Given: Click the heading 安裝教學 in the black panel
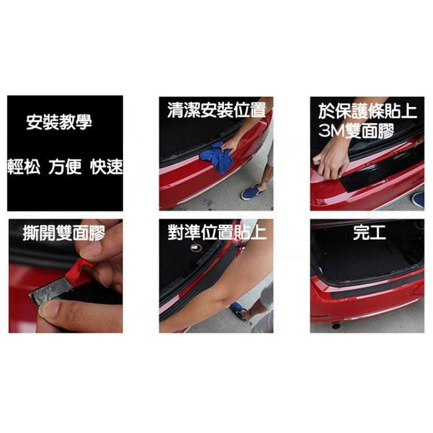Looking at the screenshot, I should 59,122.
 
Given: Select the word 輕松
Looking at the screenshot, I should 24,167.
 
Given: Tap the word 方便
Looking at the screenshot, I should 65,167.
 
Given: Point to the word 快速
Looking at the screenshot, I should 106,167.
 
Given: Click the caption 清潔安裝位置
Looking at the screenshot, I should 216,111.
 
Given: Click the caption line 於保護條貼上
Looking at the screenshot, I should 367,112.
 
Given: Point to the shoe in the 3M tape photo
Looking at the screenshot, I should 418,199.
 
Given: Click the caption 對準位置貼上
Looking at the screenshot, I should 216,233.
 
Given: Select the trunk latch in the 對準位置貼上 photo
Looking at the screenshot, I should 197,247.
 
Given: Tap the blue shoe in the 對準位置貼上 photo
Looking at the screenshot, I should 239,309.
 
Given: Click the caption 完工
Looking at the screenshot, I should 367,233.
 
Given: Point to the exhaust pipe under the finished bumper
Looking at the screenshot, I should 336,325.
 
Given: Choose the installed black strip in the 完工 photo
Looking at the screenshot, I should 371,286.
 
